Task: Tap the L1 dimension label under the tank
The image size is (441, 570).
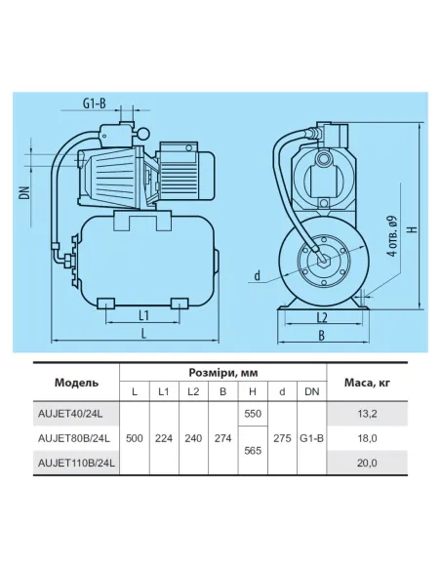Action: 143,315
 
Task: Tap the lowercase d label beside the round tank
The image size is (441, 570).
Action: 256,276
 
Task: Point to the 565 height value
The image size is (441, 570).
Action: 253,453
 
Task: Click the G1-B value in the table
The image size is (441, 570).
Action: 312,439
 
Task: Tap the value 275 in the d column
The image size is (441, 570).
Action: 282,439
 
